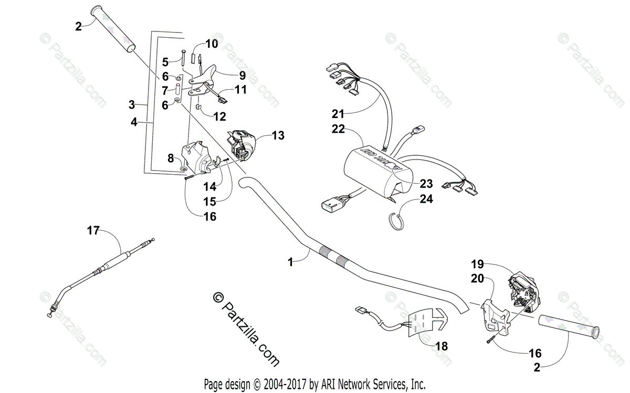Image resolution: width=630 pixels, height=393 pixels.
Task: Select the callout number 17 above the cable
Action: click(93, 229)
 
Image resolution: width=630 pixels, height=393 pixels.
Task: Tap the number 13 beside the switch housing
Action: click(278, 135)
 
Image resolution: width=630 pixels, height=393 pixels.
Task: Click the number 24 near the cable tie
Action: click(426, 199)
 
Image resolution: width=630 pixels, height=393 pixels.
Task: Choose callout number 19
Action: click(477, 265)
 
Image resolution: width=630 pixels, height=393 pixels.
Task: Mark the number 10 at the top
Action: click(211, 44)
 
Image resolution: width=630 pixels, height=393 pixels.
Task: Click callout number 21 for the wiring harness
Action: click(338, 113)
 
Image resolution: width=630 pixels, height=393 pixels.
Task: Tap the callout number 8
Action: click(171, 157)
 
